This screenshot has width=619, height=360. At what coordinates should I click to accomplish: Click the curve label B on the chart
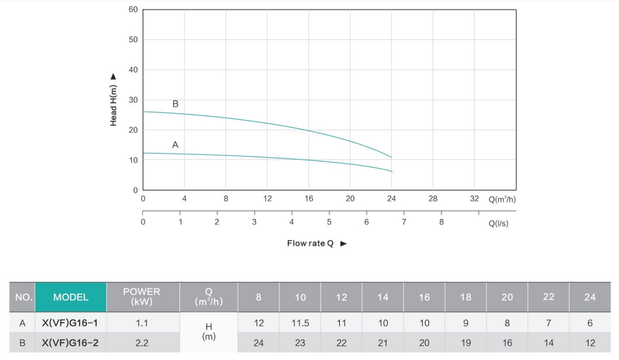pos(175,104)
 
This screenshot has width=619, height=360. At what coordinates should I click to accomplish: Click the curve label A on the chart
pos(175,145)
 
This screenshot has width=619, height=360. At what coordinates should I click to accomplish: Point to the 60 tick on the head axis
pos(133,10)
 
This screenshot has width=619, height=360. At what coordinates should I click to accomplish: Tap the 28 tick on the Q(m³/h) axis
pos(433,199)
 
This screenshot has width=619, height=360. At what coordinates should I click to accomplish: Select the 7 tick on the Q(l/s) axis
pos(404,222)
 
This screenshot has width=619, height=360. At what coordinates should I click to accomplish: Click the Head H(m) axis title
pos(113,100)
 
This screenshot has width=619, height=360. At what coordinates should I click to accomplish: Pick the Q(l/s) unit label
pos(498,224)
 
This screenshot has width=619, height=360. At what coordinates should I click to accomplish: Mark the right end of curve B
pos(391,157)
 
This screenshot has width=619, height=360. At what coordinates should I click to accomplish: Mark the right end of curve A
pos(391,171)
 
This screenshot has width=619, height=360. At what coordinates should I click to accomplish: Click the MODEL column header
pos(71,297)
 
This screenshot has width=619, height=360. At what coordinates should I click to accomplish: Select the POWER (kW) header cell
pos(142,297)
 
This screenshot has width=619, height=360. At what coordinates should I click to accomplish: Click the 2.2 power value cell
pos(142,343)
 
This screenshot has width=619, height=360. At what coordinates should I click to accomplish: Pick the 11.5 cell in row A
pos(300,323)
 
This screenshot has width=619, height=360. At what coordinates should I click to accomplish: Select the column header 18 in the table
pos(466,297)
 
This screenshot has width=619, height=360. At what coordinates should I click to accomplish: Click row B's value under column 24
pos(590,343)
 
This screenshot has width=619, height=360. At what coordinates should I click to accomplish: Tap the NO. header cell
pos(22,297)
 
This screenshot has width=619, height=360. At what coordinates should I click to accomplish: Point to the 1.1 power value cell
pos(142,323)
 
